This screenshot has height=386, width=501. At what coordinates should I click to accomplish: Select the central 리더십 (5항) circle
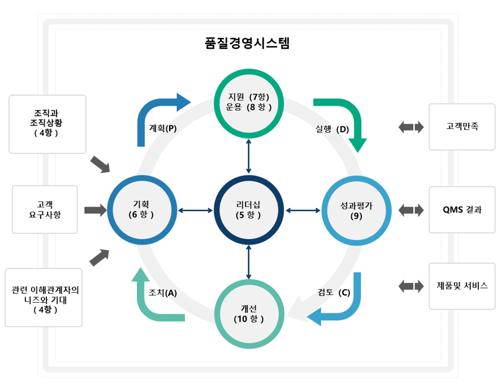click(x=249, y=210)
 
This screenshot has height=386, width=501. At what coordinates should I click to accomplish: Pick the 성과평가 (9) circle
click(x=356, y=210)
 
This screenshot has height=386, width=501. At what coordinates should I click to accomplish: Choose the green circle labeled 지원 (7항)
click(x=249, y=102)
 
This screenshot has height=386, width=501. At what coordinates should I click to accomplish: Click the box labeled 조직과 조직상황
click(x=48, y=124)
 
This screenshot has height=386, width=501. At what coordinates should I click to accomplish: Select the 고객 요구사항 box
click(x=45, y=210)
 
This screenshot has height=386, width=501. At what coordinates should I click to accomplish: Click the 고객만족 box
click(x=462, y=127)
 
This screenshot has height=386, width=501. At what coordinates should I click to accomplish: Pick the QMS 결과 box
click(x=462, y=210)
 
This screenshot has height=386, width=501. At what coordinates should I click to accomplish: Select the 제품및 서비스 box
click(x=462, y=286)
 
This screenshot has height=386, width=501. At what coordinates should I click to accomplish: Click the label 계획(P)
click(x=163, y=128)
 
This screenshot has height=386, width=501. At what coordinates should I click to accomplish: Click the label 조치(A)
click(x=163, y=293)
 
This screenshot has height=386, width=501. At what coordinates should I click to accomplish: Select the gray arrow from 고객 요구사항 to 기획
click(x=95, y=211)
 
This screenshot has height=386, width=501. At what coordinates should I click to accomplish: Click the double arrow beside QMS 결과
click(x=411, y=211)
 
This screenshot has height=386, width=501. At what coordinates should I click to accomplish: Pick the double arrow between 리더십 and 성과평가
click(x=303, y=211)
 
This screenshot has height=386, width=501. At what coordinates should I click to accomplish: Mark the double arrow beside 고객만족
click(x=411, y=127)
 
